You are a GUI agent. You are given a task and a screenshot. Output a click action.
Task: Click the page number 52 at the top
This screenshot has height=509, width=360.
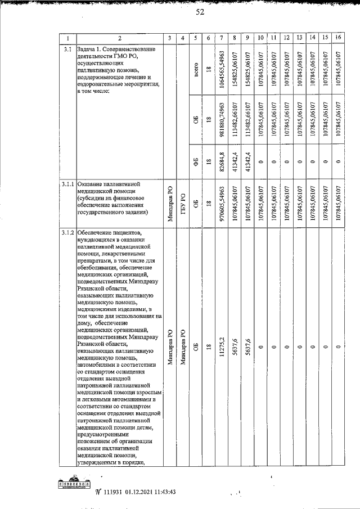pyautogui.click(x=200, y=13)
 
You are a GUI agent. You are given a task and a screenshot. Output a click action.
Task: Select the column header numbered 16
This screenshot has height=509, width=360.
pyautogui.click(x=337, y=38)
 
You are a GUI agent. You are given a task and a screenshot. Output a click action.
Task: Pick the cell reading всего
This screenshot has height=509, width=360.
pyautogui.click(x=196, y=71)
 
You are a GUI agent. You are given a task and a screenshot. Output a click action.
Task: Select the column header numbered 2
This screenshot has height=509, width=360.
pyautogui.click(x=119, y=38)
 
